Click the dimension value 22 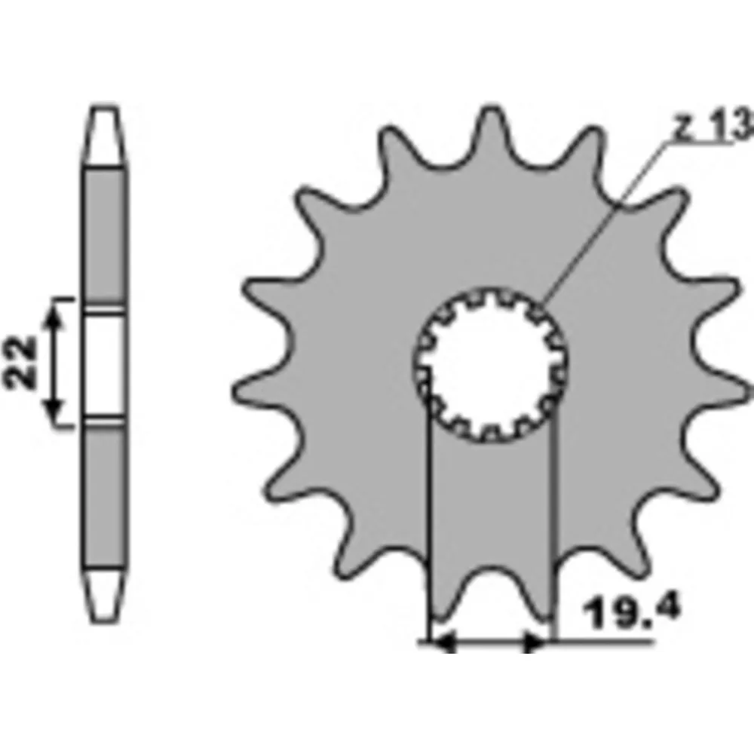(x=20, y=363)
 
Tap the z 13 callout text (x=713, y=125)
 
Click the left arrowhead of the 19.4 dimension (x=443, y=642)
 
